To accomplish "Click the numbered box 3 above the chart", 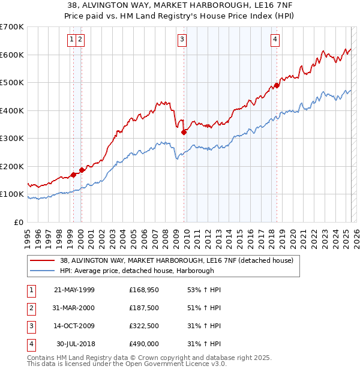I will click(182, 40).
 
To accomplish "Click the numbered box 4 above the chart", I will click(275, 40).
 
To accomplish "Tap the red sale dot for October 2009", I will click(184, 132).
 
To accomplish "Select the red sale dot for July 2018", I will click(277, 85).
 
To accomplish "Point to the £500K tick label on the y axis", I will click(12, 82).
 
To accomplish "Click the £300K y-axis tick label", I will click(12, 138).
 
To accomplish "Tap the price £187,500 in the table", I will click(144, 309).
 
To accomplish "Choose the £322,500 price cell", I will click(144, 328).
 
